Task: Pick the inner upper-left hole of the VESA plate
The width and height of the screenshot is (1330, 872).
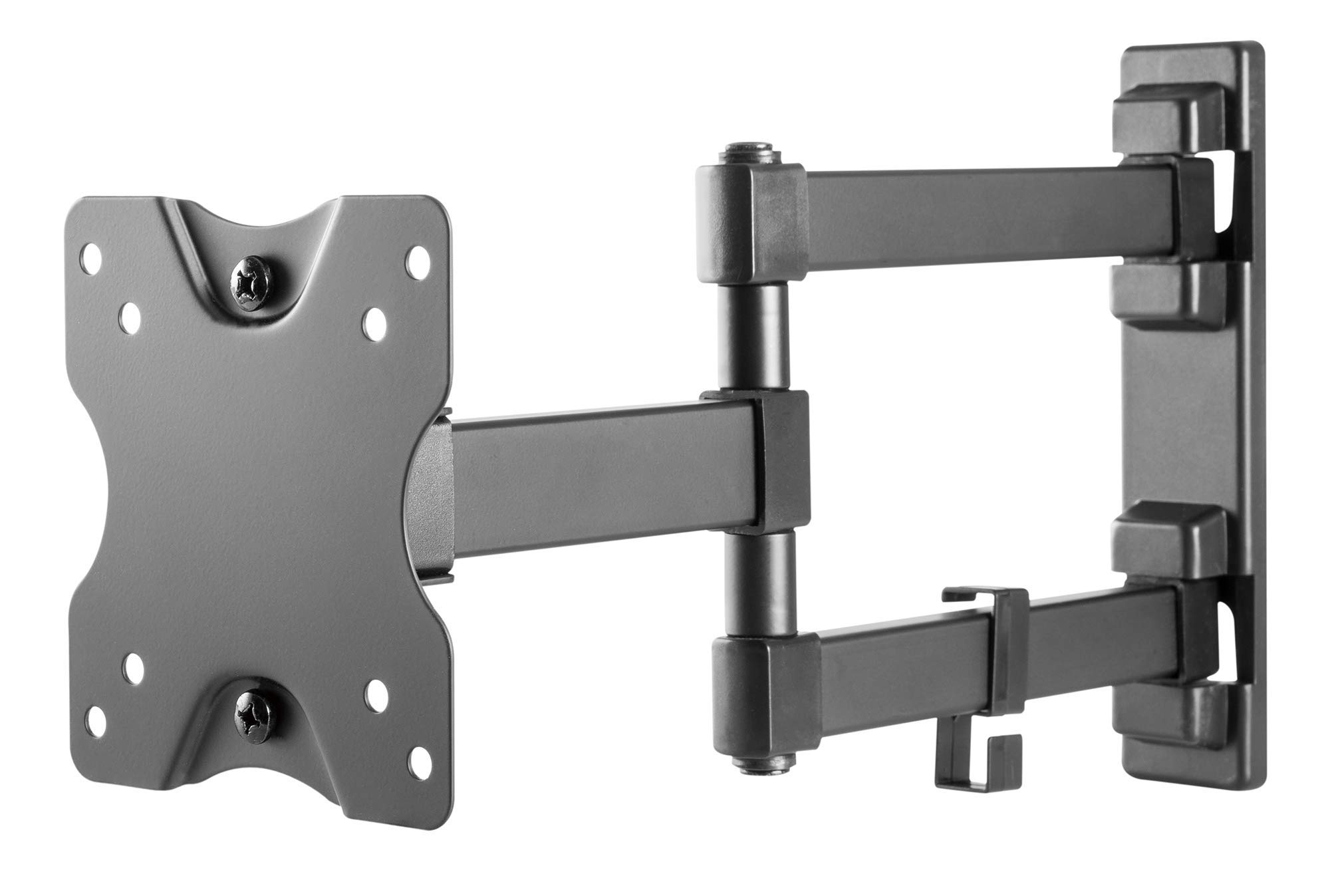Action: tap(132, 311)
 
